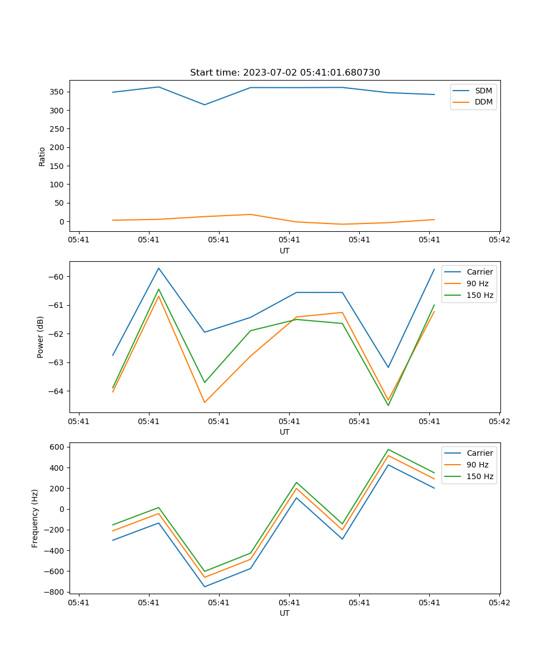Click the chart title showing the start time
(285, 73)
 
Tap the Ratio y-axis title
(42, 156)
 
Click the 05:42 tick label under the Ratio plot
(499, 241)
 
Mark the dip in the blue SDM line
(205, 104)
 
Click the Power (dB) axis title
(41, 337)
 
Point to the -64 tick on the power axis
(58, 391)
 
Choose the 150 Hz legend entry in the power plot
(480, 295)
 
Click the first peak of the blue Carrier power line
(158, 268)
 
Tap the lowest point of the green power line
(388, 405)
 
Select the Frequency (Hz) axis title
(35, 519)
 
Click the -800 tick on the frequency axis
(56, 592)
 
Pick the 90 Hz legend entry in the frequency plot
(478, 465)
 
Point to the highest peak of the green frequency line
(388, 449)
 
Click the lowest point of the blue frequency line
(205, 586)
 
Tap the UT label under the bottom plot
(285, 613)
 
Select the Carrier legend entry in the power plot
(479, 272)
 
